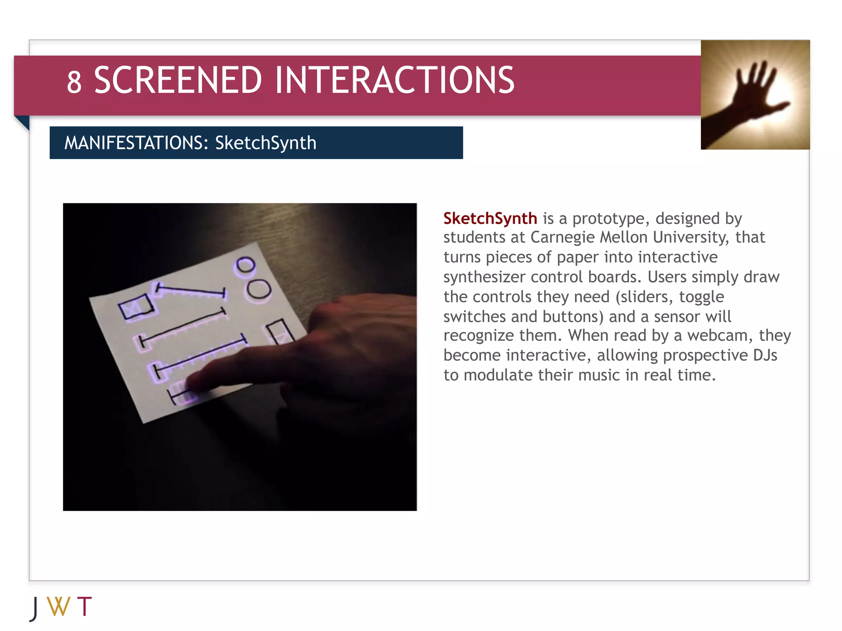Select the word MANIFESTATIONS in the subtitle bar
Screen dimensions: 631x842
click(x=134, y=143)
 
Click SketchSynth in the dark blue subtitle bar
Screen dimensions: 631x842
click(x=266, y=143)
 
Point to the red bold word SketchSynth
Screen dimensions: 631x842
click(x=490, y=218)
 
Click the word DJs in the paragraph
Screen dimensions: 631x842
click(x=765, y=355)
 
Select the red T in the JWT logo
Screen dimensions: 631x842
click(x=84, y=606)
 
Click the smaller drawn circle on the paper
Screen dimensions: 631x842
click(x=245, y=265)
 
